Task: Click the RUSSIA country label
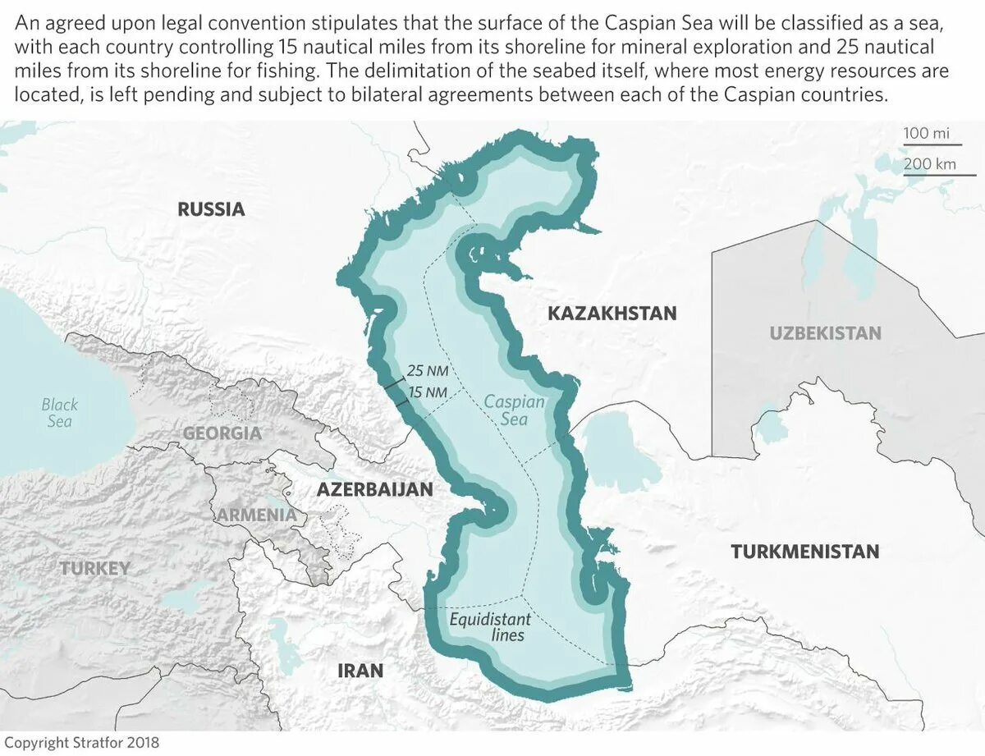click(x=211, y=209)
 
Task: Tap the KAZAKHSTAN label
click(x=612, y=313)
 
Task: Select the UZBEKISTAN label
click(x=825, y=333)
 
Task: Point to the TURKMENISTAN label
click(x=804, y=552)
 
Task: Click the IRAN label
click(x=360, y=671)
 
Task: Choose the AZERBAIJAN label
click(x=374, y=489)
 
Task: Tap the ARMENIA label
click(x=256, y=515)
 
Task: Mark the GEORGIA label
click(x=222, y=433)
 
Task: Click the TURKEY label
click(x=94, y=568)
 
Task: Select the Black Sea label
click(x=60, y=412)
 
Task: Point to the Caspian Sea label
click(x=514, y=410)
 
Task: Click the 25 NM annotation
click(x=427, y=370)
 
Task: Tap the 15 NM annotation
click(x=427, y=393)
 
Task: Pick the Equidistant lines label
click(x=490, y=627)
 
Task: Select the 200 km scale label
click(x=929, y=163)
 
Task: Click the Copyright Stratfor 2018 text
click(x=82, y=742)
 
